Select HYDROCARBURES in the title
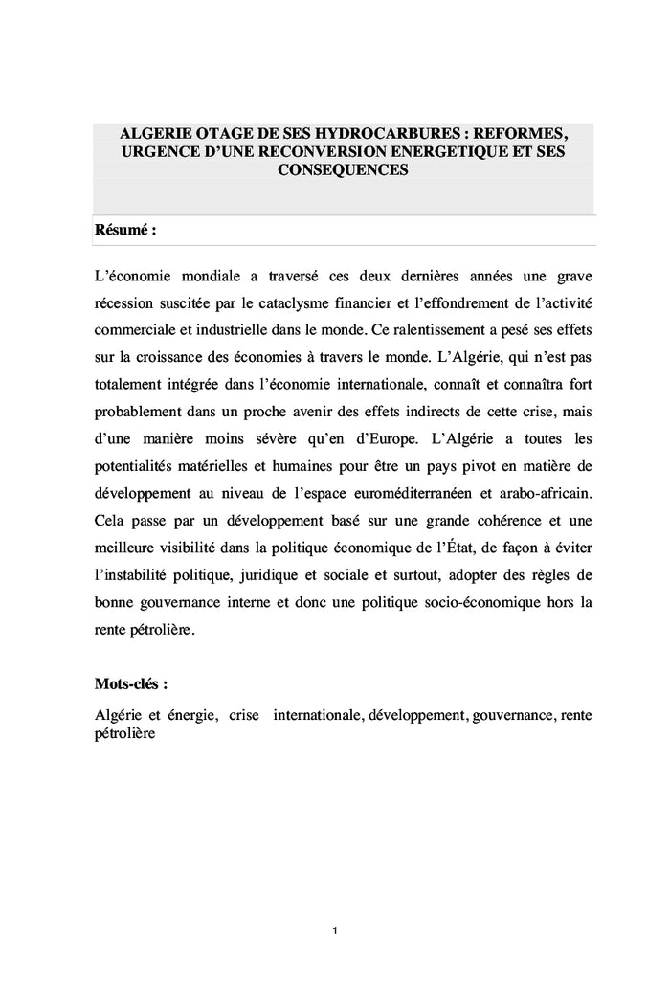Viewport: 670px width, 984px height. click(375, 133)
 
